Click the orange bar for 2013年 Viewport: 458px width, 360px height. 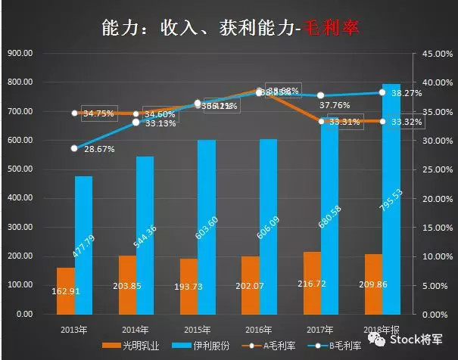point(66,290)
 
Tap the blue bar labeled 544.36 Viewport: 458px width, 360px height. point(145,234)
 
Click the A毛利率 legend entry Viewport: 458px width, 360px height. point(280,346)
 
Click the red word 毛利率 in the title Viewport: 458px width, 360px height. point(332,28)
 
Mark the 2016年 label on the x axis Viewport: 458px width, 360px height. point(260,329)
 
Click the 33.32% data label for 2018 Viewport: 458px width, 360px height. point(407,121)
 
